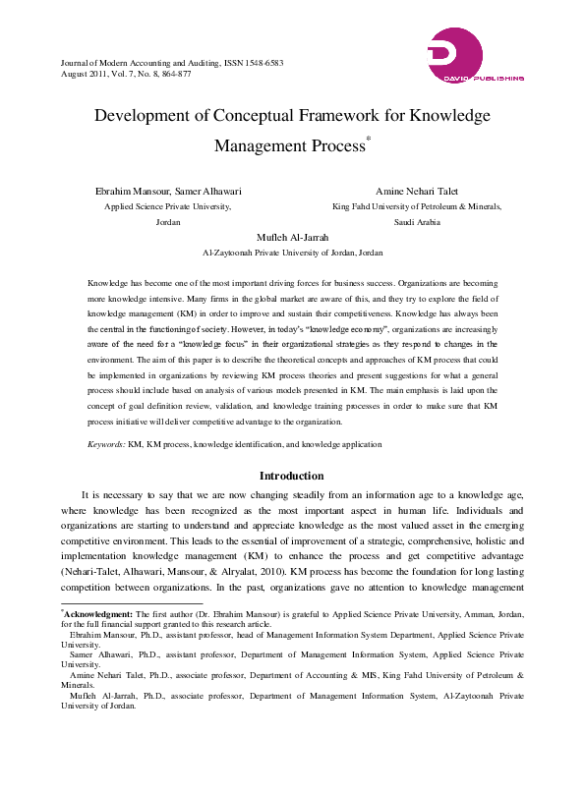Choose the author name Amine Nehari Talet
(x=417, y=191)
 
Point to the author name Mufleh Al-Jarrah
(x=292, y=238)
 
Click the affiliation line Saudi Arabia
(x=417, y=223)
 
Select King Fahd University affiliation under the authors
(x=417, y=206)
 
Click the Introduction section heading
(x=292, y=476)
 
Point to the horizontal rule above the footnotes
(x=118, y=602)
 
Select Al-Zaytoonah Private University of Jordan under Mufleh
(x=292, y=253)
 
